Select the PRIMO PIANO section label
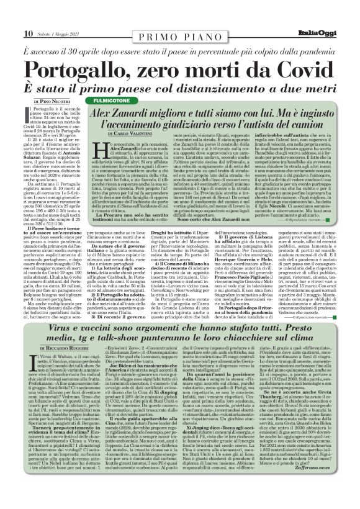179,20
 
